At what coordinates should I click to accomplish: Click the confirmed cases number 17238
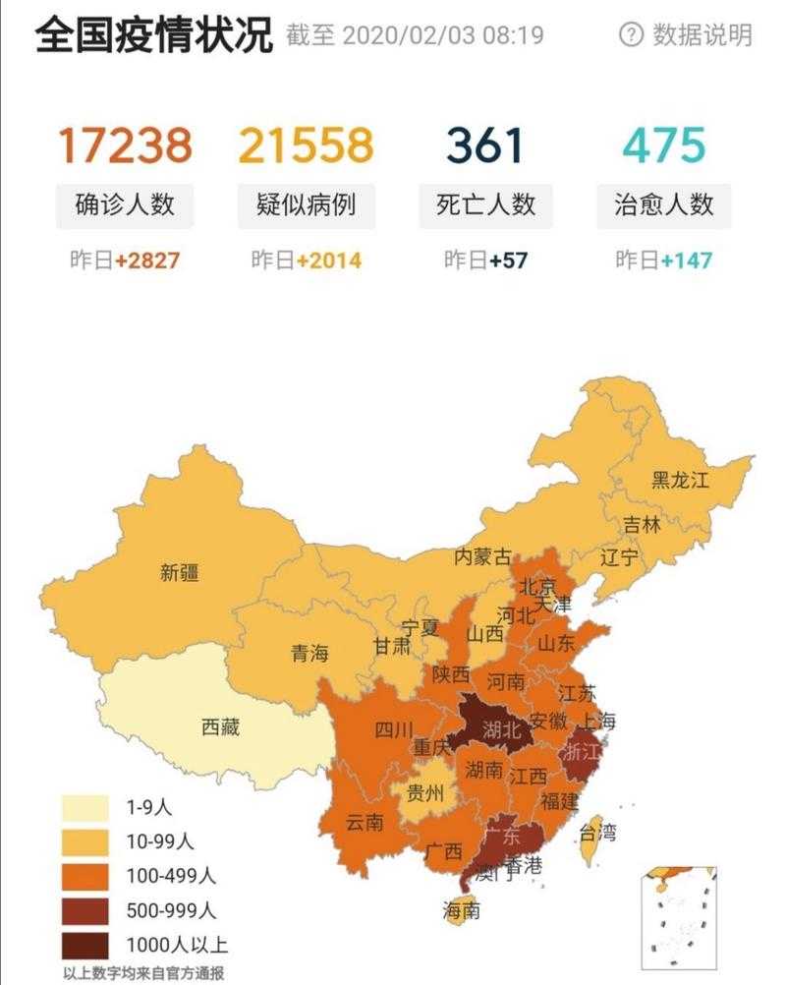point(125,145)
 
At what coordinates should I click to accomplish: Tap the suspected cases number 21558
point(307,145)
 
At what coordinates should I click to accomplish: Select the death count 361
point(485,145)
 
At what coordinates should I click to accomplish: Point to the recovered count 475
point(664,145)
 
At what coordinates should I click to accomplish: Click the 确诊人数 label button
point(125,204)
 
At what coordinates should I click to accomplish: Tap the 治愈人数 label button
point(664,204)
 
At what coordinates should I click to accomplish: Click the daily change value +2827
point(147,261)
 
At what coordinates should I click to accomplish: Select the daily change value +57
point(508,261)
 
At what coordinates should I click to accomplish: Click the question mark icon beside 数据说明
point(630,35)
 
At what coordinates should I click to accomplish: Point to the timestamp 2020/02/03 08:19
point(442,36)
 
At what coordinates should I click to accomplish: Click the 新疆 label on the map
point(179,572)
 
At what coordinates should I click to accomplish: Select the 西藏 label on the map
point(220,728)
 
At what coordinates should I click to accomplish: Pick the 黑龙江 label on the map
point(680,480)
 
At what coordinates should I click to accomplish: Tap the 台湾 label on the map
point(597,834)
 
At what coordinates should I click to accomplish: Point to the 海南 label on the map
point(462,910)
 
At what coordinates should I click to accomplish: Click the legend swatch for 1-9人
point(86,808)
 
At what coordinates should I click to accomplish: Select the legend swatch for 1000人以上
point(86,946)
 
